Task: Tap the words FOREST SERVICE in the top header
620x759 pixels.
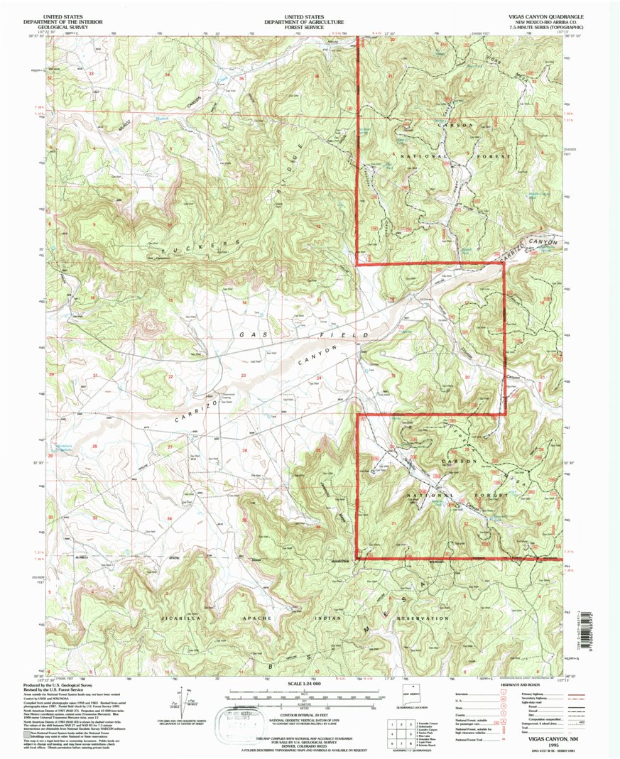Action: (310, 26)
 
